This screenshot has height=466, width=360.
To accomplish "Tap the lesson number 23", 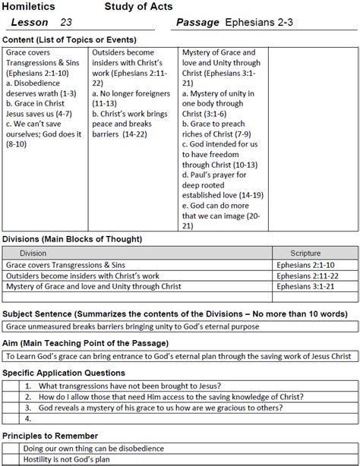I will pos(66,23).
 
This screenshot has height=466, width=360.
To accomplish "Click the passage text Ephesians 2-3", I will pos(262,23).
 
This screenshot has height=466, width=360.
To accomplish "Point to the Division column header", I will pos(33,253).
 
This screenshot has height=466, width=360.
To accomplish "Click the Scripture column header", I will pos(311,253).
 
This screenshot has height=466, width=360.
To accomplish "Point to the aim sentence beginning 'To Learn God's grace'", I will pos(178,356).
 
